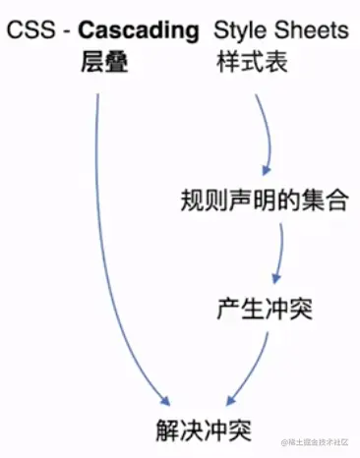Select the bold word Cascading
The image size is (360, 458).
(137, 31)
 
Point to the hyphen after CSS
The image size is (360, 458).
(62, 32)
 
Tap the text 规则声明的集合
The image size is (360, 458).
(264, 200)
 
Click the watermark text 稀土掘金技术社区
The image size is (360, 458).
(321, 445)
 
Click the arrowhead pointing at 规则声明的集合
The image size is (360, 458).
(265, 169)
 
